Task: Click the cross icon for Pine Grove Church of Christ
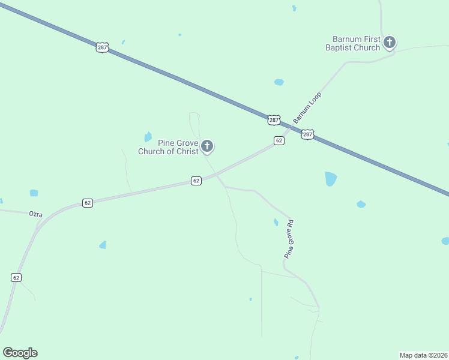(207, 146)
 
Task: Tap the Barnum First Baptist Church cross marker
(390, 42)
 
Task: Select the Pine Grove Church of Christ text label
(168, 147)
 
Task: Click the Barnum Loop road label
(307, 108)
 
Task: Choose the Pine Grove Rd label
(289, 239)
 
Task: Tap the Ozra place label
(36, 214)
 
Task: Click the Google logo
(20, 353)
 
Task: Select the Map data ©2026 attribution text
(423, 355)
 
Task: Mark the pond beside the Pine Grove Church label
(148, 137)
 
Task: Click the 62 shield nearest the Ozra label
(88, 203)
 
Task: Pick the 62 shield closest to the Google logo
(16, 277)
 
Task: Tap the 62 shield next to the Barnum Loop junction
(279, 140)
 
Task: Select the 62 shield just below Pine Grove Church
(196, 181)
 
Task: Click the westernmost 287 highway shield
(101, 47)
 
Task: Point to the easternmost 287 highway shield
(307, 134)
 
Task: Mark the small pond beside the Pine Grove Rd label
(276, 223)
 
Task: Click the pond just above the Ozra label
(34, 193)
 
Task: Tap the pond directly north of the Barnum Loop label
(279, 82)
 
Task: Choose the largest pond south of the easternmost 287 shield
(330, 178)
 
